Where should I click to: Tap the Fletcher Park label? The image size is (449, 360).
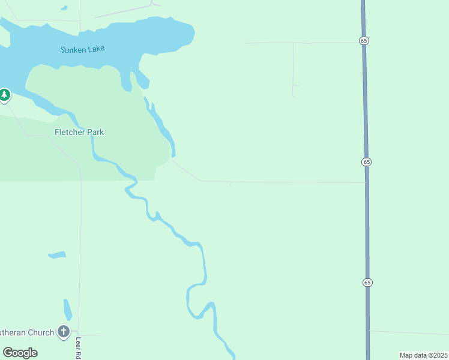point(79,132)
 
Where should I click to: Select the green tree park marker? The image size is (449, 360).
point(5,95)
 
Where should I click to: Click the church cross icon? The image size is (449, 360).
point(64,331)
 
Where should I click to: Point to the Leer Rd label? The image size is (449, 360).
point(78,348)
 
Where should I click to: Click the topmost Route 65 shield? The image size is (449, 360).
point(364,40)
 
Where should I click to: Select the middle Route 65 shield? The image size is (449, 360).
point(366,162)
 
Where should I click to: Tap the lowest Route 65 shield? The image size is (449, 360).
point(367,282)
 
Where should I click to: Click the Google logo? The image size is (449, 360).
point(20,352)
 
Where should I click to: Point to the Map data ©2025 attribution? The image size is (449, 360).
point(423,355)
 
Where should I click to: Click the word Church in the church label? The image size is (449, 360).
point(40,332)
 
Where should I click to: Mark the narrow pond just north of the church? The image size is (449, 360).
point(68,309)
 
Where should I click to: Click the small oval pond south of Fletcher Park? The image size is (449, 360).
point(56,255)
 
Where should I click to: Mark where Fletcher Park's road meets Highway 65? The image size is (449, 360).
point(366,182)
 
